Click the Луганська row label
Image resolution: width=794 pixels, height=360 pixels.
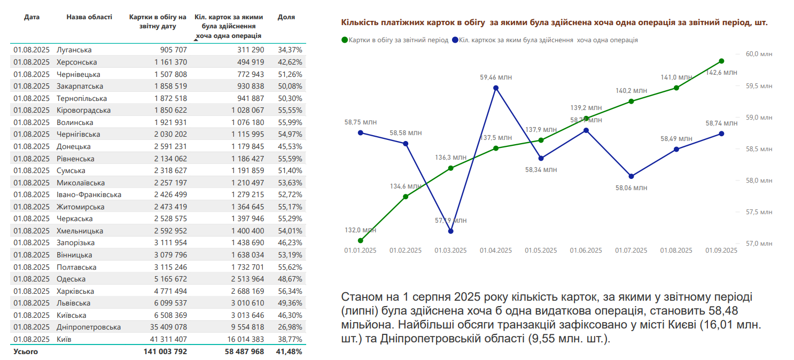(74, 50)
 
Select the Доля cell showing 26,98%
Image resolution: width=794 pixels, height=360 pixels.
(290, 327)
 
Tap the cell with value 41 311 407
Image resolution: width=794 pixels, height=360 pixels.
(166, 339)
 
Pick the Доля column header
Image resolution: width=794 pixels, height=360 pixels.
(286, 17)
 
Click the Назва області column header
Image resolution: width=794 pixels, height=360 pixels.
(89, 17)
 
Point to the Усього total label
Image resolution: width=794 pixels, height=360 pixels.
(26, 351)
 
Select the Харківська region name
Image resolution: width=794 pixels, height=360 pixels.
(75, 291)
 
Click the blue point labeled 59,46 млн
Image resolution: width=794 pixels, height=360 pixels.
(496, 88)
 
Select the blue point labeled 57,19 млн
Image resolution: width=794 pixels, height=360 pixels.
(451, 231)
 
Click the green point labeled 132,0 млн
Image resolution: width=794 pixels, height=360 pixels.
(361, 240)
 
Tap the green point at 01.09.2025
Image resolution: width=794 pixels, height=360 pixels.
(721, 61)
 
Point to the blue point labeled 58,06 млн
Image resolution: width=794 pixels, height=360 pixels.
(631, 176)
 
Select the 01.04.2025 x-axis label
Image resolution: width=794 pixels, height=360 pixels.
(495, 250)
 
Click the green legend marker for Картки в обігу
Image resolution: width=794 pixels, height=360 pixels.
(345, 40)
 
